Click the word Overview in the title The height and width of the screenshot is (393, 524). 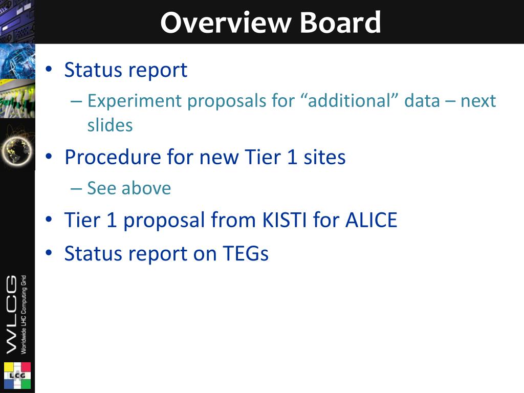pos(226,23)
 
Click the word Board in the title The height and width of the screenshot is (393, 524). pos(340,23)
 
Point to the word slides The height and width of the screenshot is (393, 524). pos(110,125)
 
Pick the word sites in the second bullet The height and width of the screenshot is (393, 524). pos(324,157)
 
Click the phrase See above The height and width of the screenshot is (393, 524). pos(129,188)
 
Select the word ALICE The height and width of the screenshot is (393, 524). pos(372,220)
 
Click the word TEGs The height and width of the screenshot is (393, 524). pos(246,253)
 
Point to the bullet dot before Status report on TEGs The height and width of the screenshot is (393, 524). pos(49,253)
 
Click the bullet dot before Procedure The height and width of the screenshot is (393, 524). pos(49,157)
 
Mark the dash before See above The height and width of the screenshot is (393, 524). pos(76,188)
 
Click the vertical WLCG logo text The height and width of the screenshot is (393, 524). pos(12,314)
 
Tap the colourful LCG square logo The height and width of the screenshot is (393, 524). pos(17,376)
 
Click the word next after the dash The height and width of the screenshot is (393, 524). pos(478,101)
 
